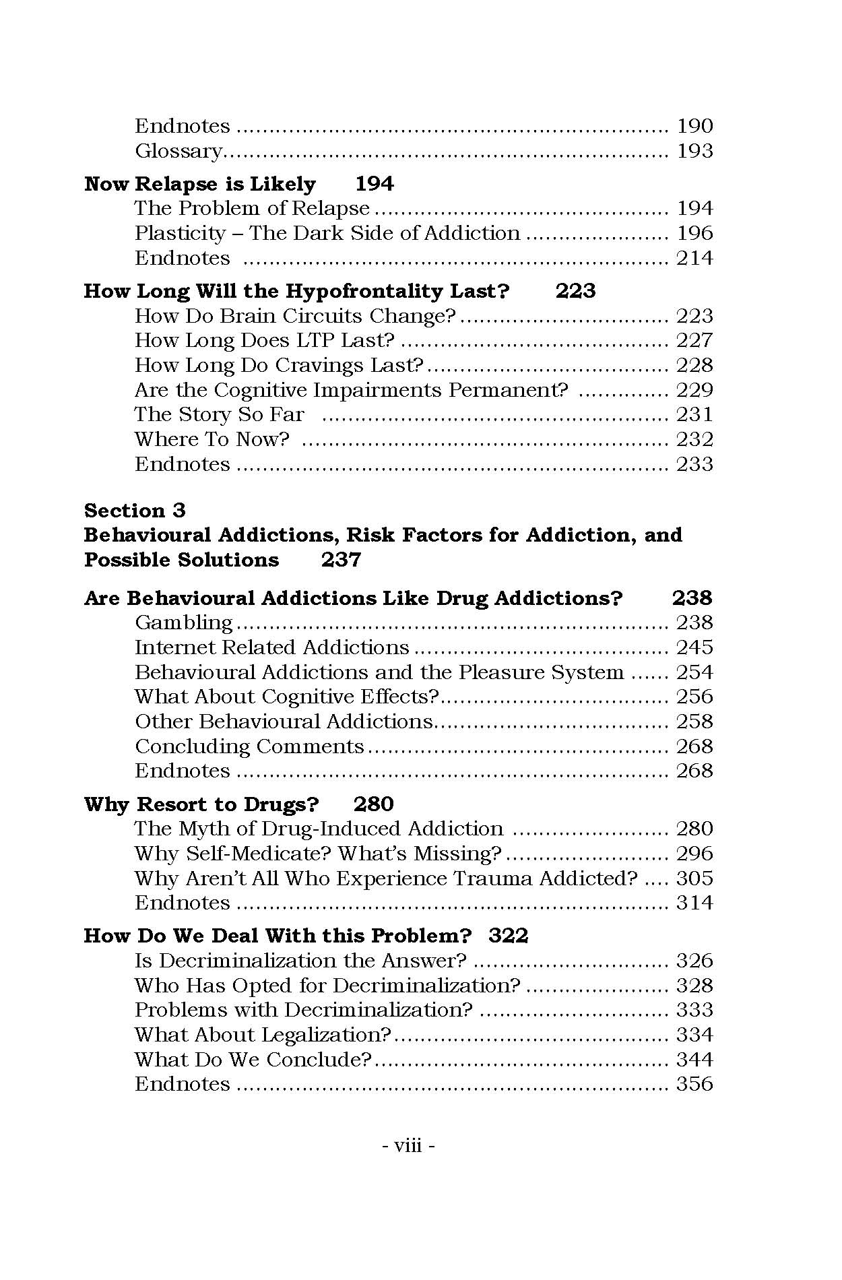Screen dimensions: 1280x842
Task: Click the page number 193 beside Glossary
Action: (694, 151)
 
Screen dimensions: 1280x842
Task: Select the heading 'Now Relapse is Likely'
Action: (200, 184)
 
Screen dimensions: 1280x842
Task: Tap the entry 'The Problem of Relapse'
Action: (252, 208)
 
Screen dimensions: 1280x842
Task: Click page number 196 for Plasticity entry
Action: (694, 233)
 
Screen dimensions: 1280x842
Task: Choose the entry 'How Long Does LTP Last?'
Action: (264, 340)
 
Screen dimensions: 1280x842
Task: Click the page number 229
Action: (694, 390)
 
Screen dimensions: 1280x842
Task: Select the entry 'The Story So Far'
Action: (220, 414)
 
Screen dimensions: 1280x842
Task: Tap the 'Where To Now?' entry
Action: (212, 439)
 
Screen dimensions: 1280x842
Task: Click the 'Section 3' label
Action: (135, 510)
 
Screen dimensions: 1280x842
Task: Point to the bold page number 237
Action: (341, 560)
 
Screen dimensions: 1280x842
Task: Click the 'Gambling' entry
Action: (183, 622)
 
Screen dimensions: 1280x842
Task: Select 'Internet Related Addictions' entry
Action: (271, 647)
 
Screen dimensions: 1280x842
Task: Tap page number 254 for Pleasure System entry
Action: (694, 672)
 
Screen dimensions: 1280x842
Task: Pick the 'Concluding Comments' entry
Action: (249, 746)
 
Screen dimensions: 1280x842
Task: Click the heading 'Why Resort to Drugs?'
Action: (201, 804)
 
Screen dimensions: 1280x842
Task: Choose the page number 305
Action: (694, 878)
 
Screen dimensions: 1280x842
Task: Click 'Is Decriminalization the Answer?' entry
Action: (300, 961)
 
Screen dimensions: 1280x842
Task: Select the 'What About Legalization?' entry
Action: (263, 1035)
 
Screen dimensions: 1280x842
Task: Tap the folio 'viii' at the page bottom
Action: (408, 1145)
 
